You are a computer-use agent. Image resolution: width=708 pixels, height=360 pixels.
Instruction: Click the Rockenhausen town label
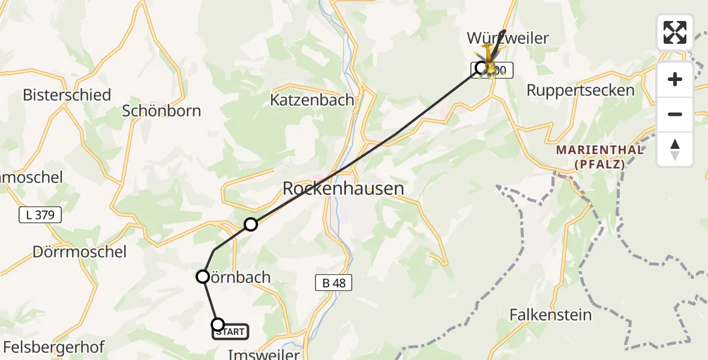point(343,188)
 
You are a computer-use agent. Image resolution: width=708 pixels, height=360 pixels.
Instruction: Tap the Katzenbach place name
point(312,100)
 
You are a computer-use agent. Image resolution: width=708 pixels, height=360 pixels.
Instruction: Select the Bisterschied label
point(67,95)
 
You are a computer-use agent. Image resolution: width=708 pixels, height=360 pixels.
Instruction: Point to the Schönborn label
point(161,111)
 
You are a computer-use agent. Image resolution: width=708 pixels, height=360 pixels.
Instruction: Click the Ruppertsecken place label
point(572,91)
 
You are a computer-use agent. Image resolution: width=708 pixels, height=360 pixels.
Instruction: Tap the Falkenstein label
point(550,314)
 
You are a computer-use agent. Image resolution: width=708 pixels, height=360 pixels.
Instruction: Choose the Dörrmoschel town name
point(63,251)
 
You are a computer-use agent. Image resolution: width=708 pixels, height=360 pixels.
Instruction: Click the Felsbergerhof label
point(53,347)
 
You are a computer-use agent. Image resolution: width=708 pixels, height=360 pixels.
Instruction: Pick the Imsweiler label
point(264,355)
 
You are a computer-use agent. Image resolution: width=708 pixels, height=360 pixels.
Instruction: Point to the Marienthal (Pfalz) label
point(600,156)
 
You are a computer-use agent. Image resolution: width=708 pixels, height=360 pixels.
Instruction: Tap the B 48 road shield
point(333,283)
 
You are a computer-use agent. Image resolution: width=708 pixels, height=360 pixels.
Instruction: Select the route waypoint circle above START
point(203,277)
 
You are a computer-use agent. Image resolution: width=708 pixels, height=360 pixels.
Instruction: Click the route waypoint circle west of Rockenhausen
point(251,224)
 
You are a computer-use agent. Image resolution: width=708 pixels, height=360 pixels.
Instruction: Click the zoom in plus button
point(675,80)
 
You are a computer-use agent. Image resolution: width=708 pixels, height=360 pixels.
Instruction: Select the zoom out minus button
point(675,114)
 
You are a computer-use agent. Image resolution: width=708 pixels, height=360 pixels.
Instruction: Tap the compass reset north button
point(675,149)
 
